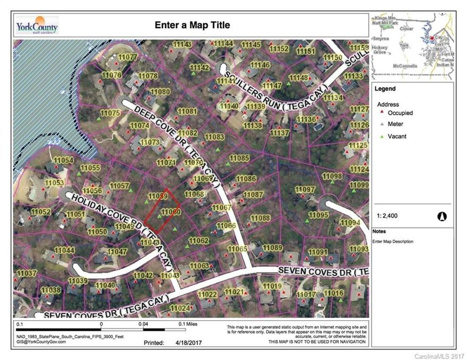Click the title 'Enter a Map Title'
[x=192, y=25]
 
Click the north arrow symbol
[x=442, y=216]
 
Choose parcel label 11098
[x=333, y=175]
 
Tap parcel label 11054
[x=63, y=160]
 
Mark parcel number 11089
[x=272, y=248]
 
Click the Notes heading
[x=379, y=232]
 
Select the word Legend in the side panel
[x=385, y=89]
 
